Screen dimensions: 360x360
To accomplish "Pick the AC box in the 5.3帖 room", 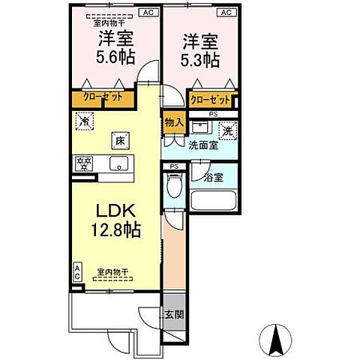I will coord(224,13).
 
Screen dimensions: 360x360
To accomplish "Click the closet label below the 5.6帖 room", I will coord(102,97).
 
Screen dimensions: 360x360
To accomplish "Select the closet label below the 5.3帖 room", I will coord(211,98).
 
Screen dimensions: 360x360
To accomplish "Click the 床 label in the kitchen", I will coord(118,139).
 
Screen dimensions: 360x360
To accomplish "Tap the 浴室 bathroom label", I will coord(213,177).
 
